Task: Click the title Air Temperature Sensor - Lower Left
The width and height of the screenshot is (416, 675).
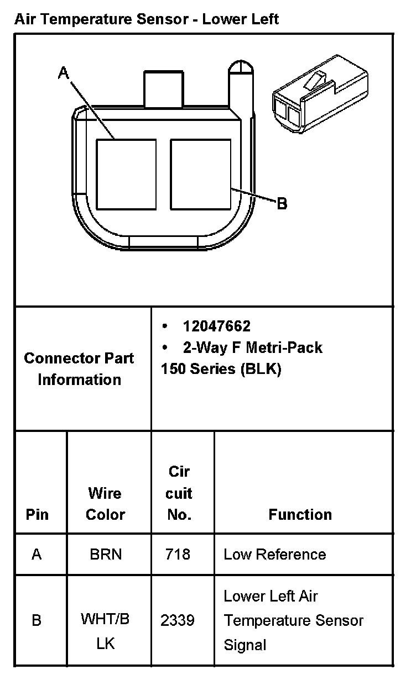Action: [x=147, y=20]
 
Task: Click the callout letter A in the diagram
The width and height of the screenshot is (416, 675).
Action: [x=64, y=73]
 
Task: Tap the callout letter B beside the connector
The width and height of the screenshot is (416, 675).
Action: [x=282, y=204]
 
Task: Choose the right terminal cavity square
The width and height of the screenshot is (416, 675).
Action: [x=200, y=175]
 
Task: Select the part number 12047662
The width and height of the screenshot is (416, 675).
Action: [x=216, y=326]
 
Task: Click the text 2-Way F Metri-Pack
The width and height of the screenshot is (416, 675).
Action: [x=252, y=347]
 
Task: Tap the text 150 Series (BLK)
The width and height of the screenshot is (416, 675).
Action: [x=221, y=369]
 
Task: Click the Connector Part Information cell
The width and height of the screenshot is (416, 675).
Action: [x=79, y=368]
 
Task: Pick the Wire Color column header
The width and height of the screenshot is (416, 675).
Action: [x=105, y=503]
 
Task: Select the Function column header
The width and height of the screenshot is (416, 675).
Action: [x=300, y=514]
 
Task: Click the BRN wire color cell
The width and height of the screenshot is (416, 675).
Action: [x=105, y=554]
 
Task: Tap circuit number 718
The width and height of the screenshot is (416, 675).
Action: [x=178, y=554]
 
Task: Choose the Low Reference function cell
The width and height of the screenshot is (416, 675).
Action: [x=274, y=554]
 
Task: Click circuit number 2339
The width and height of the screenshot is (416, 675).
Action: [x=178, y=620]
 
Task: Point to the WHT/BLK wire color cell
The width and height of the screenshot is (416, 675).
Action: [x=105, y=631]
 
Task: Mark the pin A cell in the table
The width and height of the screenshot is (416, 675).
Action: [x=37, y=554]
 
